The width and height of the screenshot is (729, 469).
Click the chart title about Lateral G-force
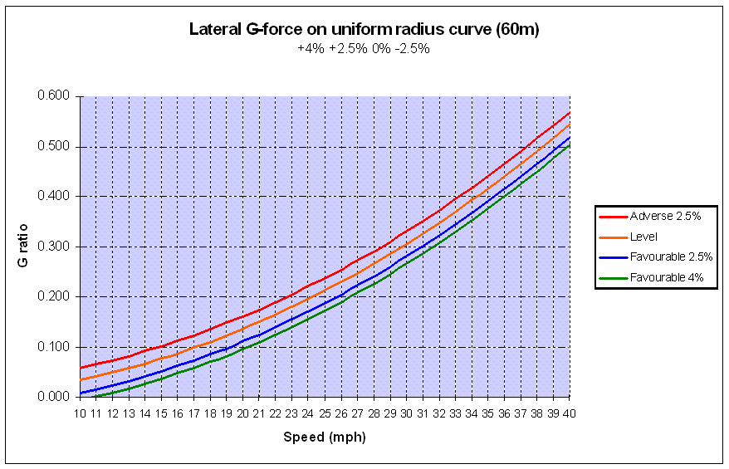click(x=364, y=31)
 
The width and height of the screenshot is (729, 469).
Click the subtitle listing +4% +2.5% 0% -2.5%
click(x=363, y=49)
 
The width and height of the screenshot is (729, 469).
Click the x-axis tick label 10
click(x=81, y=413)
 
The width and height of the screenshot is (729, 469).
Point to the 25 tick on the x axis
click(x=325, y=413)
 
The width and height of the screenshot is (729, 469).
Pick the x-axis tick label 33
click(x=455, y=413)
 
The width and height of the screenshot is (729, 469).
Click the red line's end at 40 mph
click(x=570, y=112)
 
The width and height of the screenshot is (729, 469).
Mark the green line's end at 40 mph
click(x=570, y=144)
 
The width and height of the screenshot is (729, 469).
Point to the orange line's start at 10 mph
click(x=81, y=379)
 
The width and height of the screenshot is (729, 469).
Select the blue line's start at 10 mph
click(x=81, y=393)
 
